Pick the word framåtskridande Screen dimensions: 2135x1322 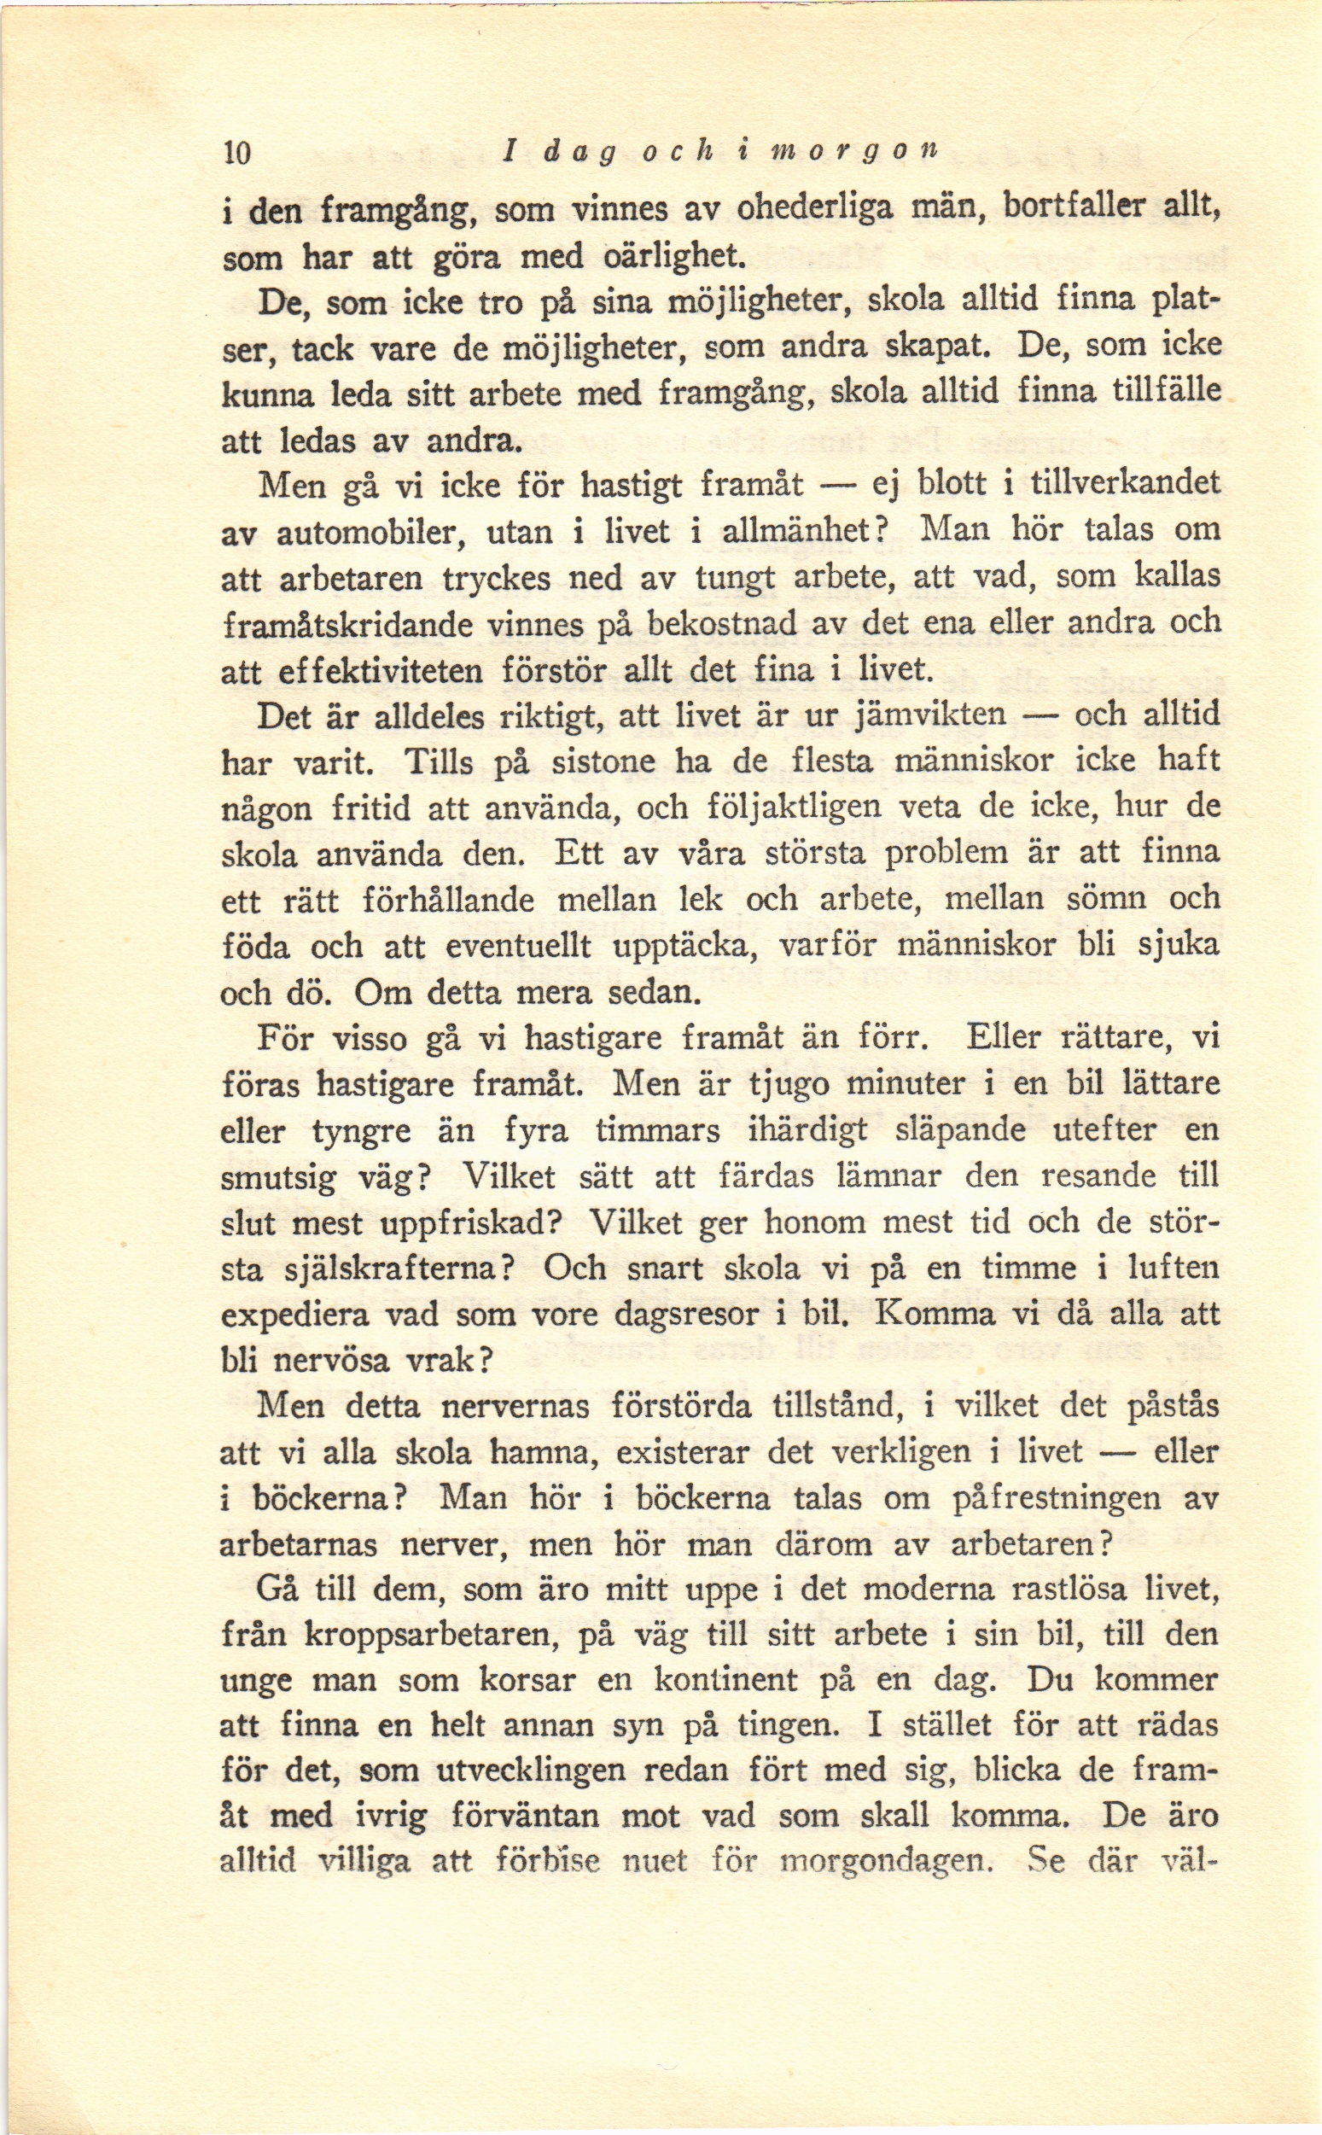pyautogui.click(x=347, y=624)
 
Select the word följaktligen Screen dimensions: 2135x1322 pyautogui.click(x=791, y=806)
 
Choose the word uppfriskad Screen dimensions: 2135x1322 pyautogui.click(x=468, y=1222)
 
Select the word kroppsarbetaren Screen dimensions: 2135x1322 pyautogui.click(x=432, y=1634)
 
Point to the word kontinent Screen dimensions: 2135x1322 pyautogui.click(x=725, y=1679)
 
